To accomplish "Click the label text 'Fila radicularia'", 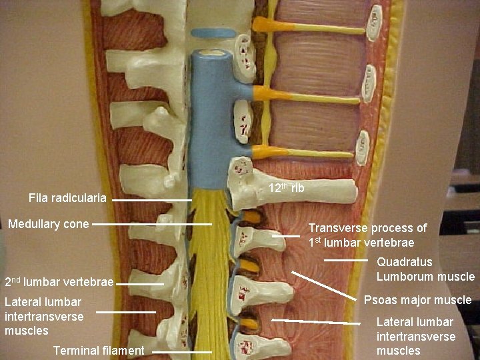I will tap(67, 198).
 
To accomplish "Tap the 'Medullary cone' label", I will tap(48, 224).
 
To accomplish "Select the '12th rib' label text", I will tap(286, 189).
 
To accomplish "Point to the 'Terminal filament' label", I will tap(99, 350).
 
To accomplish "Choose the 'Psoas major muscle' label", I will tap(417, 300).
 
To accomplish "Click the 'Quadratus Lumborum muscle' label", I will tap(425, 269).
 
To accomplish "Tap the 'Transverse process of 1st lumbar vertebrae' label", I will tap(367, 235).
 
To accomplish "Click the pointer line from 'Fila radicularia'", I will tap(157, 199).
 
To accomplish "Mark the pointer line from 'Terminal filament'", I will tap(181, 351).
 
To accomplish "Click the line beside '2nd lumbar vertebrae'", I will tap(139, 284).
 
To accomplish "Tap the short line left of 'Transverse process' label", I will tap(285, 235).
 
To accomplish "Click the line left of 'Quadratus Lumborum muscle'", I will tap(346, 259).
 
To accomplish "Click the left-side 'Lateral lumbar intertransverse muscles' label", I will tap(44, 316).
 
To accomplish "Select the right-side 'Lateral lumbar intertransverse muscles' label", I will tap(416, 336).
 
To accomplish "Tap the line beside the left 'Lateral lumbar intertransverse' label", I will tap(125, 312).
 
